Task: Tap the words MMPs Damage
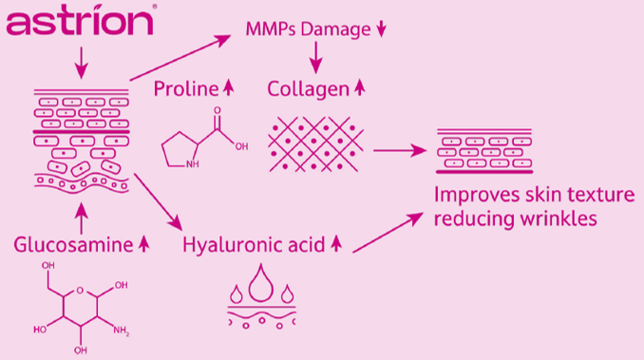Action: (x=308, y=29)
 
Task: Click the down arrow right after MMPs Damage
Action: (x=382, y=28)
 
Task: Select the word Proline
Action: (x=186, y=88)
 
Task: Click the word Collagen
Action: (x=308, y=89)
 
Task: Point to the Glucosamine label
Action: (x=73, y=245)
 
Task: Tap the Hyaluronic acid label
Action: (x=254, y=245)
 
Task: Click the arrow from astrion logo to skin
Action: (x=82, y=63)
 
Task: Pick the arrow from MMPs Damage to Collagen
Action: (x=316, y=58)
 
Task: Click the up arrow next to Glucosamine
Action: (x=143, y=244)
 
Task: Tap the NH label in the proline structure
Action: (x=192, y=164)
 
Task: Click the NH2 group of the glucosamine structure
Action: (x=122, y=330)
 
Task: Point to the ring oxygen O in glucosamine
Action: (x=80, y=291)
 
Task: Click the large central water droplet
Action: (x=261, y=283)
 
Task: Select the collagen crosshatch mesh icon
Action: (x=315, y=144)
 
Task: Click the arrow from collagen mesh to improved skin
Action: (x=400, y=151)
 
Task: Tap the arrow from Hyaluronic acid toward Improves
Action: (x=388, y=233)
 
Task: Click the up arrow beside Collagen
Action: (x=360, y=87)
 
